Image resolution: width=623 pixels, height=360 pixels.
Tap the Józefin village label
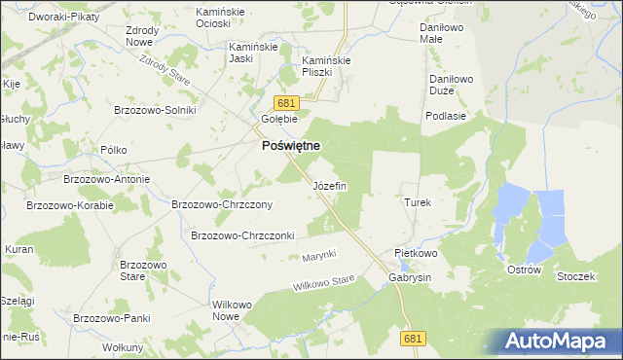328,185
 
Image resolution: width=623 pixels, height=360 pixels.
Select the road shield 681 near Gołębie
284,103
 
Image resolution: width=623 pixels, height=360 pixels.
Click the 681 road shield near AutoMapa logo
413,337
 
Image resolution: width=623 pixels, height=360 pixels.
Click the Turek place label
417,202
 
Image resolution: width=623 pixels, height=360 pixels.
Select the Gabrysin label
409,277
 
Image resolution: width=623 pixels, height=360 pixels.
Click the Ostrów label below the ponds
524,270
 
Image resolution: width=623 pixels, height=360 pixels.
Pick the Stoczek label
575,276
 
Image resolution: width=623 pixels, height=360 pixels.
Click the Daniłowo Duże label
449,85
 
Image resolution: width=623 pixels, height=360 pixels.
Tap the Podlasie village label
445,115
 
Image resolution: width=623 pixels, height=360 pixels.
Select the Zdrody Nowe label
142,36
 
